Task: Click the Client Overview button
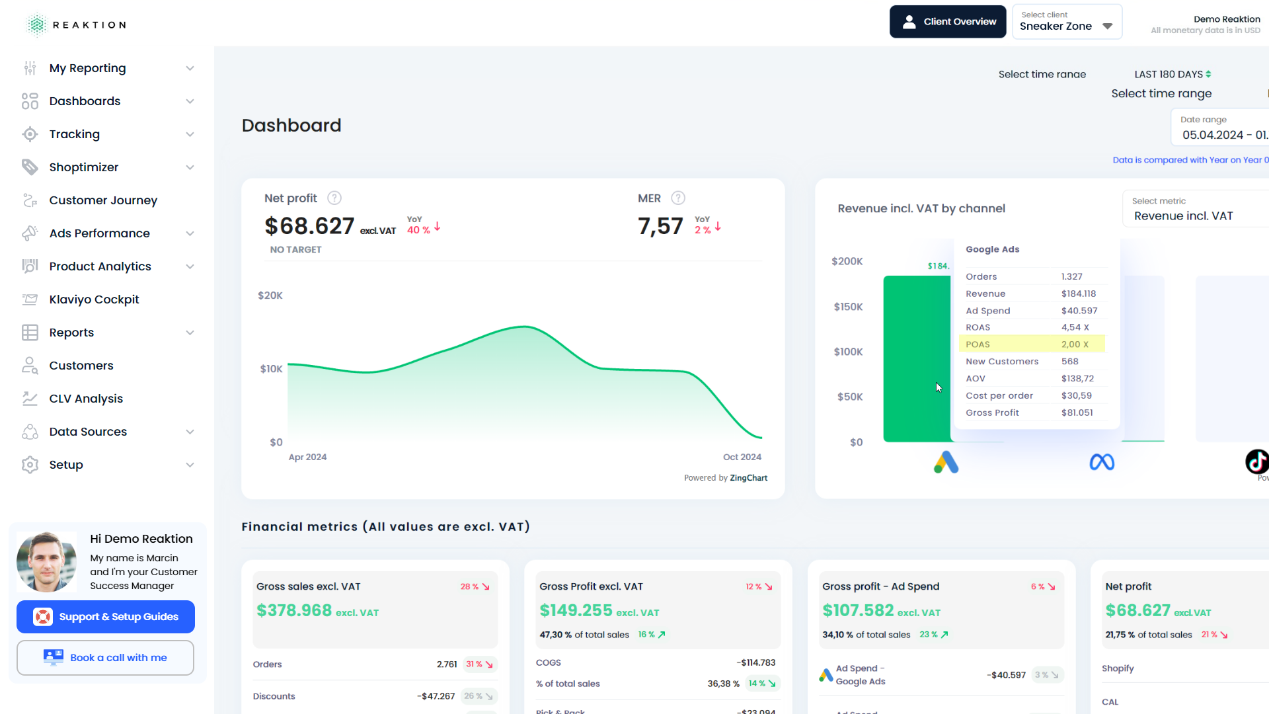(947, 22)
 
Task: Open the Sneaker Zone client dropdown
(1067, 22)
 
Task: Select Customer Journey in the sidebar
(103, 200)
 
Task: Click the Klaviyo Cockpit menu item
(94, 299)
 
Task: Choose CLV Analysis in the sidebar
(86, 399)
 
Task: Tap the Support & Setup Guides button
(106, 617)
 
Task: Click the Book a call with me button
(106, 658)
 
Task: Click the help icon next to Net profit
(334, 198)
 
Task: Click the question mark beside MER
(678, 198)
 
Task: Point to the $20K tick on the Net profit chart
(270, 296)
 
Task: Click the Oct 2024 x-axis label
(742, 457)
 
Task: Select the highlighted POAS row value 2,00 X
(1075, 344)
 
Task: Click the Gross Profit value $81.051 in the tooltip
(1077, 413)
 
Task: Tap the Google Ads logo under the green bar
(946, 462)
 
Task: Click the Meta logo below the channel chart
(1102, 462)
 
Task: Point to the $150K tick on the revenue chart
(848, 307)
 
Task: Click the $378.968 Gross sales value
(294, 610)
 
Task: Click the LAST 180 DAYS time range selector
(1172, 74)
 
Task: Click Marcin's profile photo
(46, 562)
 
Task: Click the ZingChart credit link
(748, 478)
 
